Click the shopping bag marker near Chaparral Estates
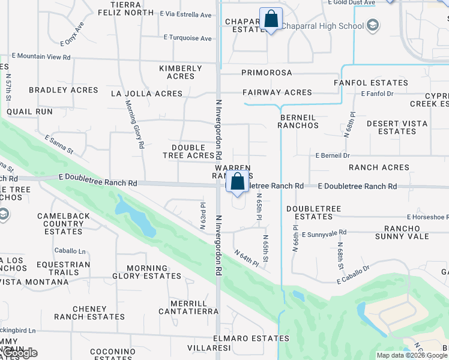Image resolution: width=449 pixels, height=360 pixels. point(271,19)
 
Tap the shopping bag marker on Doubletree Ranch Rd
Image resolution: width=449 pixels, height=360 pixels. point(238,182)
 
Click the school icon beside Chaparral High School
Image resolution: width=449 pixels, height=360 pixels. point(373,25)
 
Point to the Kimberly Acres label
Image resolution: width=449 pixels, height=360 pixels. point(181,72)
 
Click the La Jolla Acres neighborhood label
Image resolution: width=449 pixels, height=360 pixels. point(146,94)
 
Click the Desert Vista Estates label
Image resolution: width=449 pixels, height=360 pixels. point(397,127)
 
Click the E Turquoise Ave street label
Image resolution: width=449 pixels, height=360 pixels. point(188,38)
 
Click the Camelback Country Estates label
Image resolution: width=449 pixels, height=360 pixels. point(64,223)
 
